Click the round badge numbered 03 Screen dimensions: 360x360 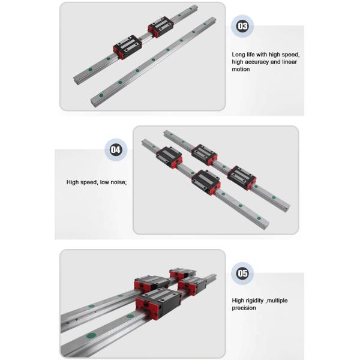242,26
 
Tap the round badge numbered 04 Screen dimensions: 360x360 115,151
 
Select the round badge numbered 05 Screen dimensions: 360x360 242,274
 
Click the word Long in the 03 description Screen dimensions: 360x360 239,55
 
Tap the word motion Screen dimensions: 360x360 241,69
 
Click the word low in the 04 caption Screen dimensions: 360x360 104,182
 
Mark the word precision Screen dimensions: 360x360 244,308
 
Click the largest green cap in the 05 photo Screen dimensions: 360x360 91,334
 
